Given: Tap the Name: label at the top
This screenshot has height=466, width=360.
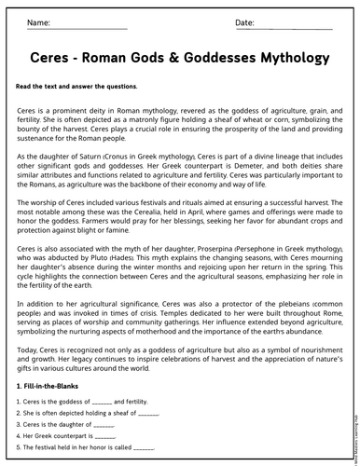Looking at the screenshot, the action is click(x=39, y=21).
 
